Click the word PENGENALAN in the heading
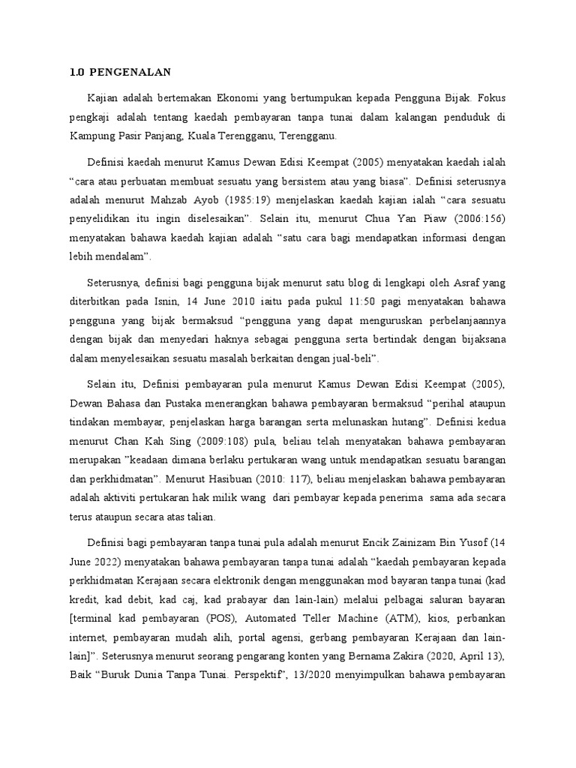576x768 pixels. tap(130, 72)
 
